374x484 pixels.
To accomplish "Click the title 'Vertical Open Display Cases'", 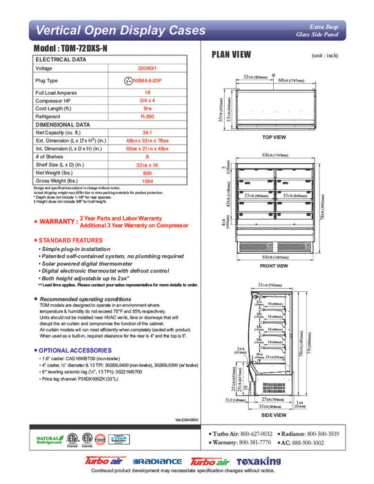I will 120,30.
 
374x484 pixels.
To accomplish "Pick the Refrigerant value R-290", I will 147,117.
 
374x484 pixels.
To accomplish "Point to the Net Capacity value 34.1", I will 147,132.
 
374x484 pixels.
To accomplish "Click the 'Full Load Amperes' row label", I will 57,92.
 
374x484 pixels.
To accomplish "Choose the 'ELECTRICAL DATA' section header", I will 61,60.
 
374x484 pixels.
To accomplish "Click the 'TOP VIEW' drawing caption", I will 274,137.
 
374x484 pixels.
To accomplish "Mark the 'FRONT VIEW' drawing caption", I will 274,266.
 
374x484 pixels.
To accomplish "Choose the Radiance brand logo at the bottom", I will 157,461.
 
